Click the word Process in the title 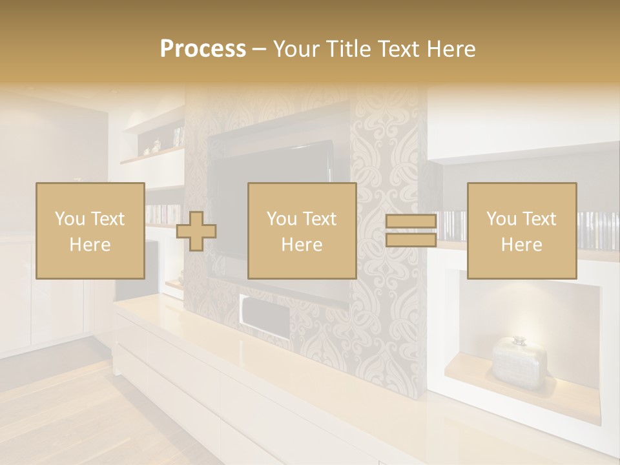point(203,49)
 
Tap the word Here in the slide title point(450,49)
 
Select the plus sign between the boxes point(196,231)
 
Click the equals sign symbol point(411,231)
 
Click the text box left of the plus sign point(90,231)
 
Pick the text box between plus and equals point(302,231)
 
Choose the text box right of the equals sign point(521,231)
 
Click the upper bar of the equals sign point(411,222)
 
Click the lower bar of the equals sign point(411,240)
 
